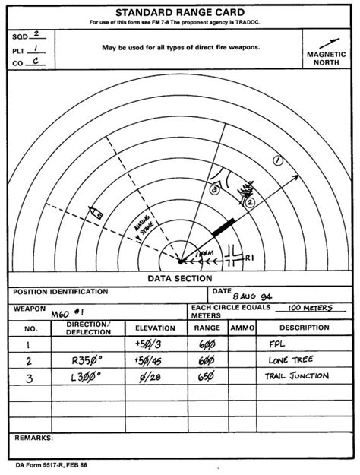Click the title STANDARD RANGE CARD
[x=180, y=12]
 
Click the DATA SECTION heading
[x=180, y=278]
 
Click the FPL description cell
[x=276, y=344]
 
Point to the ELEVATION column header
[x=154, y=328]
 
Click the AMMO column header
[x=242, y=328]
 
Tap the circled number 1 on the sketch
[x=277, y=160]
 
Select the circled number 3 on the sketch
[x=215, y=188]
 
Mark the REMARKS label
[x=33, y=438]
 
